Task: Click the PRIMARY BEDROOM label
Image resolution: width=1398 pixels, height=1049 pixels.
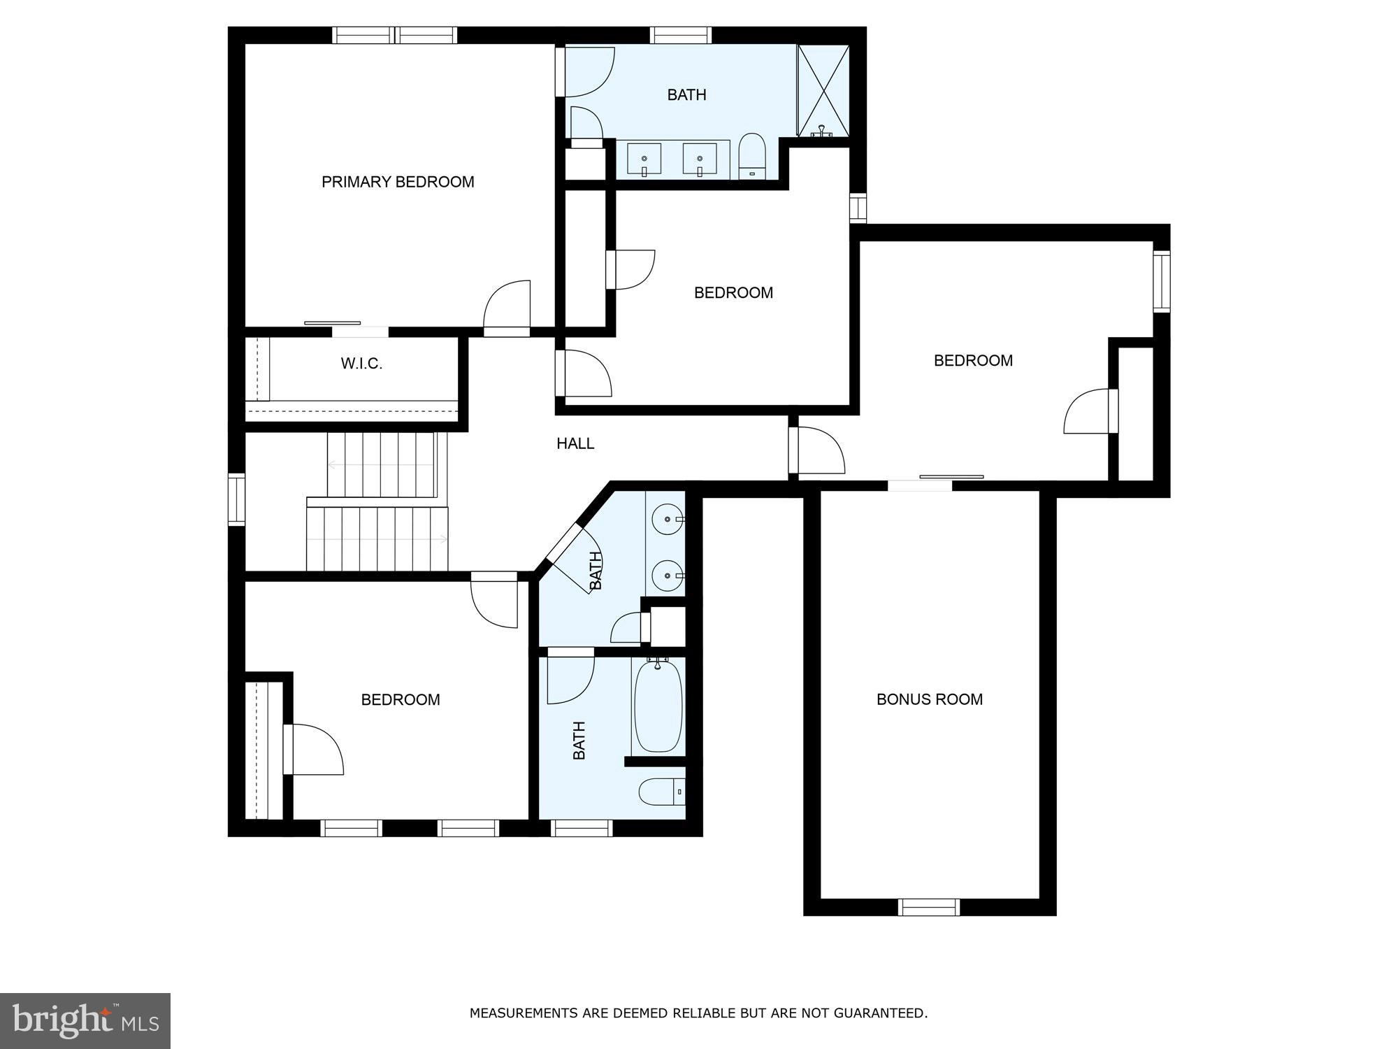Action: click(x=398, y=182)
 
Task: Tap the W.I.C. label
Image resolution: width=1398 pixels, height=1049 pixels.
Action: click(x=361, y=364)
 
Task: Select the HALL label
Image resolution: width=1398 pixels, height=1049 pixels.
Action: click(x=575, y=443)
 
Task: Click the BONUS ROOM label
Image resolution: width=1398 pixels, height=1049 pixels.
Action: click(x=929, y=699)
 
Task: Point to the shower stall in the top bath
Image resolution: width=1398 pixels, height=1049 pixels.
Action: click(x=823, y=90)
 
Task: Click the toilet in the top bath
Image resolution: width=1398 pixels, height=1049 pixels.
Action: click(x=753, y=155)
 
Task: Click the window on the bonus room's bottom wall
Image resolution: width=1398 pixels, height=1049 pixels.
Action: click(x=928, y=907)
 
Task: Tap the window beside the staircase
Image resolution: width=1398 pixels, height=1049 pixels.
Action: click(x=237, y=499)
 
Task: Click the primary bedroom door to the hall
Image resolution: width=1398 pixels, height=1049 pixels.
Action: click(x=507, y=308)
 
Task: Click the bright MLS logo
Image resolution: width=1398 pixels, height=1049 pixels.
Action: click(x=85, y=1021)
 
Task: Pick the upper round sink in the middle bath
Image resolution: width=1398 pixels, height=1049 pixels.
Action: click(x=665, y=519)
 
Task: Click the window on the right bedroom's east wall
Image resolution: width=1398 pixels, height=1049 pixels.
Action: click(x=1161, y=281)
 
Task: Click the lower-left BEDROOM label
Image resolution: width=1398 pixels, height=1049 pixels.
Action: click(x=401, y=700)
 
